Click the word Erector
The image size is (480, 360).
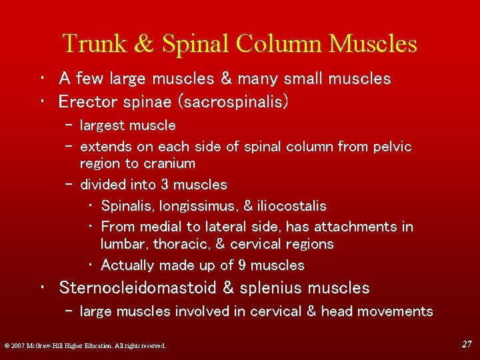point(84,102)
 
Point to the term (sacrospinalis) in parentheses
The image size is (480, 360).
point(229,102)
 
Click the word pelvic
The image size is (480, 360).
point(395,147)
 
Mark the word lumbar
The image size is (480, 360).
point(125,244)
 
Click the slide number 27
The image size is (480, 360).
point(467,344)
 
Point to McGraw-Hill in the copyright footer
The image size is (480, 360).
point(45,345)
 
